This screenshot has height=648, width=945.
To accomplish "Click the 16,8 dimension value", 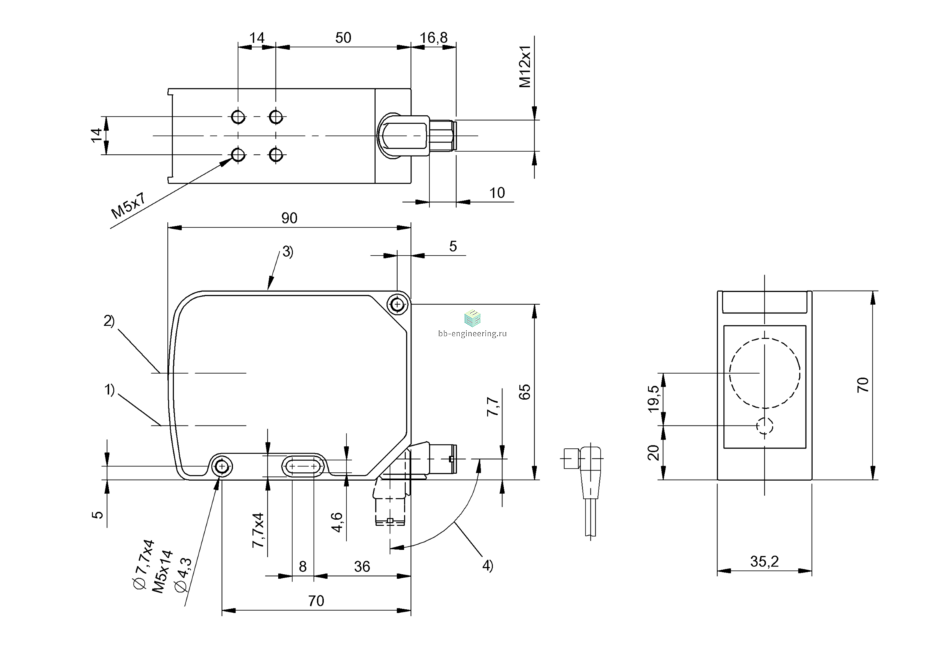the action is pos(433,38).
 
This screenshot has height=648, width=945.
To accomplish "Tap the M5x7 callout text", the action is pos(128,205).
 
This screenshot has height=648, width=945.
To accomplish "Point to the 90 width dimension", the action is pos(290,218).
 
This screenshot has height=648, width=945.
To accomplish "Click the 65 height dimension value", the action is pos(525,392).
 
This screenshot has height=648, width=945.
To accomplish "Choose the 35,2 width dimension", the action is pos(764,561).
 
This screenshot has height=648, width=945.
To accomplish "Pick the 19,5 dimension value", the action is pos(653,399).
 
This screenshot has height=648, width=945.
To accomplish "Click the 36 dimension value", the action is pos(362,566).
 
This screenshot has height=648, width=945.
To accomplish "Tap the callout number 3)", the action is pos(288,252).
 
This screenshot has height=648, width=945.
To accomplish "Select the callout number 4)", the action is pos(488,565).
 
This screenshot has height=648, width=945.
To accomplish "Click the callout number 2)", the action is pos(109,321).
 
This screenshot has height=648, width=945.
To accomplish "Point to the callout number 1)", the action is pos(110,390).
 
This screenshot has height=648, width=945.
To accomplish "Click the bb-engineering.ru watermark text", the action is pos(473,334).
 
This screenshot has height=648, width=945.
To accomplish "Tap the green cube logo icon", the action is pos(473,318).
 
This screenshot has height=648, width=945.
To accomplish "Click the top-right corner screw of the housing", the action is pos(397,303).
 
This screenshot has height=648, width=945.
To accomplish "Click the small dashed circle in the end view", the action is pos(764,425).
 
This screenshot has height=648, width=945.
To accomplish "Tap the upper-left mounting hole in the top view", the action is pos(238,116).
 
